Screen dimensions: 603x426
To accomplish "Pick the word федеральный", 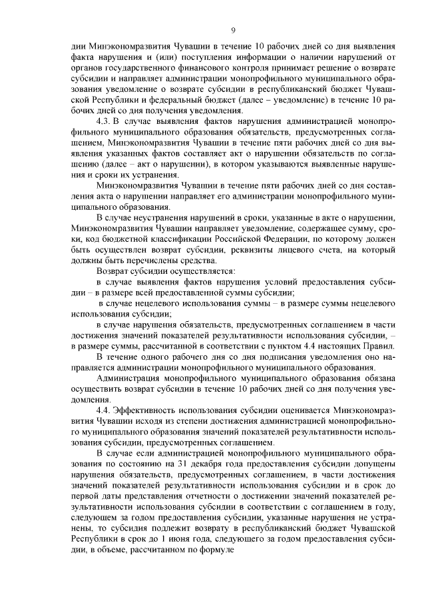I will click(x=197, y=99).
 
